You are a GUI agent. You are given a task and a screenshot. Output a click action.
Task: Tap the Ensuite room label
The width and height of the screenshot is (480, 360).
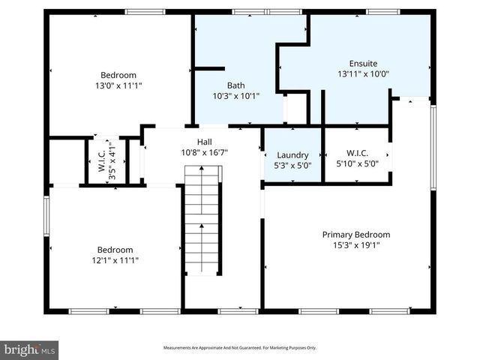click(x=363, y=64)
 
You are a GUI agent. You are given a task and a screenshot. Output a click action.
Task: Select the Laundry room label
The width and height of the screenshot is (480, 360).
click(x=292, y=155)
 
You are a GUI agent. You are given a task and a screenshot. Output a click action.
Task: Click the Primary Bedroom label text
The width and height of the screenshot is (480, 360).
click(x=356, y=235)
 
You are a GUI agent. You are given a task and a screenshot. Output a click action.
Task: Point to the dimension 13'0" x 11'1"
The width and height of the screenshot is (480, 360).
click(x=118, y=86)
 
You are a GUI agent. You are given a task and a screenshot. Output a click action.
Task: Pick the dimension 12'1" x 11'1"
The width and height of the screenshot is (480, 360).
click(x=115, y=260)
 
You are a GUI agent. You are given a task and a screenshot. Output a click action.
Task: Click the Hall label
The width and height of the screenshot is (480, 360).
click(x=204, y=142)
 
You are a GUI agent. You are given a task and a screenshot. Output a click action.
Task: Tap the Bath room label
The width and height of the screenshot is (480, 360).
click(x=235, y=85)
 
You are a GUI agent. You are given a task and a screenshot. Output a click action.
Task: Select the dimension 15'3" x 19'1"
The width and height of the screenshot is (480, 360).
click(x=356, y=245)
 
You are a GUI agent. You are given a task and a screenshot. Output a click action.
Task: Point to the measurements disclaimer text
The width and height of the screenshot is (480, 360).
click(x=240, y=348)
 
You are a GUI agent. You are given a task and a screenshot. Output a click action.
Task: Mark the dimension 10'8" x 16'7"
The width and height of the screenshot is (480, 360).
click(x=204, y=152)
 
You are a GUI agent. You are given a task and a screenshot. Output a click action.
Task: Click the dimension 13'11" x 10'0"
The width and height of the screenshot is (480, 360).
click(x=363, y=74)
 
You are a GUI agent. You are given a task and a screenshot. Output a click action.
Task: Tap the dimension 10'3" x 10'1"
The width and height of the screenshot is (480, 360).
click(x=235, y=96)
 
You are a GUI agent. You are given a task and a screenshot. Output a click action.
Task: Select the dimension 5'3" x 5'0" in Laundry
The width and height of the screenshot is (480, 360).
click(x=292, y=165)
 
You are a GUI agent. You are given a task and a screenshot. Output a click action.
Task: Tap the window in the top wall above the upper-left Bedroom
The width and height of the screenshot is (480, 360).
click(x=145, y=12)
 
